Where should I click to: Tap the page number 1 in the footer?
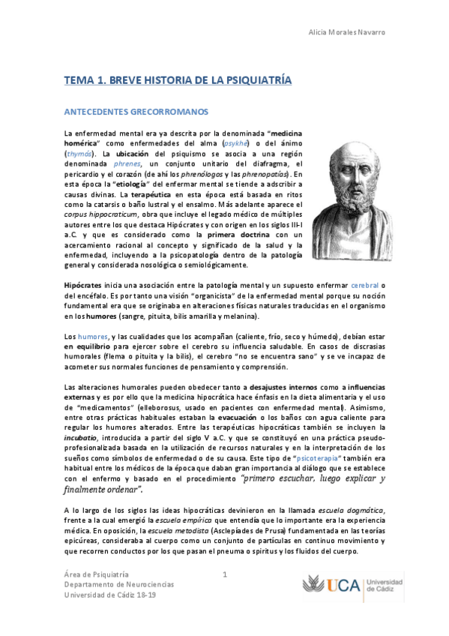224,574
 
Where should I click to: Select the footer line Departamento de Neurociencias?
118,584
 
